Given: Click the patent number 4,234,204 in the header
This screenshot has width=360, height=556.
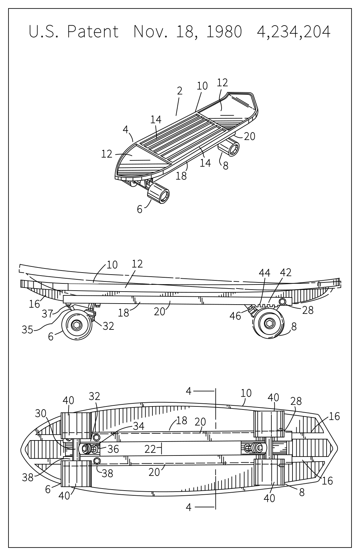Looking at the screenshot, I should [x=294, y=32].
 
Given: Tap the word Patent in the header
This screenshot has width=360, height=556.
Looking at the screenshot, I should [x=93, y=32].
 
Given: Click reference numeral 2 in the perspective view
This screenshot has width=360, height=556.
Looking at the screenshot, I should [x=180, y=91].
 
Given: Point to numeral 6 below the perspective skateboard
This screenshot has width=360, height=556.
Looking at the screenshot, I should [x=140, y=210].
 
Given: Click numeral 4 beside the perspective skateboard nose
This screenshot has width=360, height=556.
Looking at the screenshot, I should [x=126, y=130].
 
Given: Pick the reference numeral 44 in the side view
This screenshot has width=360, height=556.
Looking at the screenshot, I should [x=265, y=273].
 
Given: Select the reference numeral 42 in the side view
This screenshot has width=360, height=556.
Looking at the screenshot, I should [x=286, y=273].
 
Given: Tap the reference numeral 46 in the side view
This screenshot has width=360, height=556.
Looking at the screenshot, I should [x=235, y=316].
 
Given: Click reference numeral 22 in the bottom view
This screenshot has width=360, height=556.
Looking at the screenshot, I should [x=150, y=449].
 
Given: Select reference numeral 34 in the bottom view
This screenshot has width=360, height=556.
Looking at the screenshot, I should [x=139, y=426].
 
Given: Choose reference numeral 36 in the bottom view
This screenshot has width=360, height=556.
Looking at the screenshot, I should [x=113, y=449].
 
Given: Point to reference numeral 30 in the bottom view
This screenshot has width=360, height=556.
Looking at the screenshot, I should [x=40, y=413].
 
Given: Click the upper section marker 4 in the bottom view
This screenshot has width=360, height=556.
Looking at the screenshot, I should [x=189, y=391].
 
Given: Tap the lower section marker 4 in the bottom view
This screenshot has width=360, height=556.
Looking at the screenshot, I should [x=189, y=507].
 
